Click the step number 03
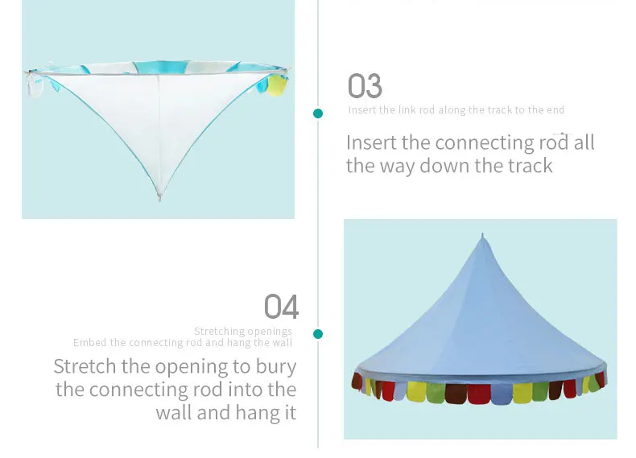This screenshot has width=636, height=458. click(365, 86)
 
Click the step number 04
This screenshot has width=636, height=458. click(281, 307)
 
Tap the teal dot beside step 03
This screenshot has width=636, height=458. click(318, 113)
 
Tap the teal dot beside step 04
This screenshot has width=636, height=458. click(318, 333)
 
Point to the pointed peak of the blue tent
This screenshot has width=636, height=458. click(482, 236)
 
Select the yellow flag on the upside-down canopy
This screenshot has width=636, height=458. click(276, 84)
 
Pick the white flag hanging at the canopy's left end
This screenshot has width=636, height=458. click(35, 85)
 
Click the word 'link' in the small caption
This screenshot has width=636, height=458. click(407, 110)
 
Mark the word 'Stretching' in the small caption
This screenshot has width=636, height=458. click(220, 332)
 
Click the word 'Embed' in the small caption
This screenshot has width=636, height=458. click(89, 343)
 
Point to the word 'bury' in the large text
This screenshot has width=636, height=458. click(277, 367)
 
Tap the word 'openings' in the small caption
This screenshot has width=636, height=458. click(271, 332)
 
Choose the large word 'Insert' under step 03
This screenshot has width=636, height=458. click(371, 143)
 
